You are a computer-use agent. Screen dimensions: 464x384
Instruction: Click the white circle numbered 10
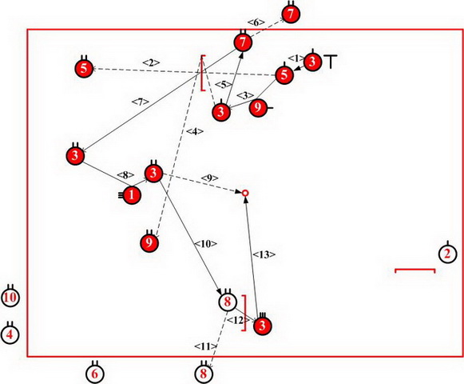point(10,298)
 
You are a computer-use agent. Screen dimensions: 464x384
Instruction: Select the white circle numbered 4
point(10,334)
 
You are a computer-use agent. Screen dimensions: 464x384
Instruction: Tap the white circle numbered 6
point(95,374)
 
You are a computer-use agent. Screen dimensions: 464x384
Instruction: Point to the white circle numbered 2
point(447,254)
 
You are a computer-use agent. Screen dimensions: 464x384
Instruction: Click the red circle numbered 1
point(132,195)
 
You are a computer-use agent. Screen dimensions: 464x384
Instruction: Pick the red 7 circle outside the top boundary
point(291,14)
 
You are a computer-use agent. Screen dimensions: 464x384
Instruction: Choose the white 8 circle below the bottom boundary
point(204,374)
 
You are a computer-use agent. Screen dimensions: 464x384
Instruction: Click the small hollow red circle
point(245,194)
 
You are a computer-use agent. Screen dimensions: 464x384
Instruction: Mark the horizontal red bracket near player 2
point(414,270)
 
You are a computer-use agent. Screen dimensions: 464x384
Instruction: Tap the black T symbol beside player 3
point(331,62)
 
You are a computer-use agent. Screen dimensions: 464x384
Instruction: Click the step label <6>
point(256,22)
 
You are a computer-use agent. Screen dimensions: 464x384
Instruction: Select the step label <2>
point(151,62)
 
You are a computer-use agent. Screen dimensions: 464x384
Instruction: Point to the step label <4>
point(195,131)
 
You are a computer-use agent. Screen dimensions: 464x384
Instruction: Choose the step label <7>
point(140,102)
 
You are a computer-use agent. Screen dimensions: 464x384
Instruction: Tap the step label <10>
point(205,244)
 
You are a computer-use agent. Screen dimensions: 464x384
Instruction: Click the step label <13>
point(264,254)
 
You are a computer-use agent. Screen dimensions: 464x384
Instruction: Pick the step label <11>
point(206,346)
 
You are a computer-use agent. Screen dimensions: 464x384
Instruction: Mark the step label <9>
point(210,178)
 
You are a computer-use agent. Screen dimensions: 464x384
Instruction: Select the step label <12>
point(238,320)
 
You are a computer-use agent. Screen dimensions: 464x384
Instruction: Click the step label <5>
point(224,85)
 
